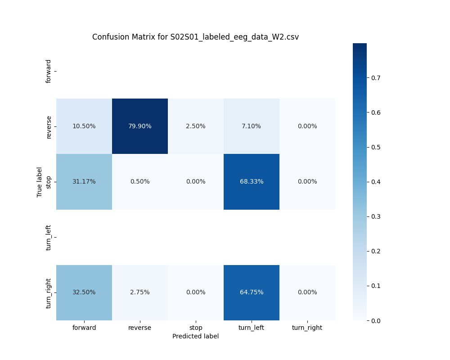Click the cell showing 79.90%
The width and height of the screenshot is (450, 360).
click(x=139, y=126)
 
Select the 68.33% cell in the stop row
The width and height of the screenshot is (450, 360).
click(x=251, y=181)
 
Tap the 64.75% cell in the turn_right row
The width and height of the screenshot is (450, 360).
click(x=251, y=292)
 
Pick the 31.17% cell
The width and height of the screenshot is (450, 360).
click(x=84, y=181)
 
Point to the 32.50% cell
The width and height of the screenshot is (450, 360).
click(x=84, y=292)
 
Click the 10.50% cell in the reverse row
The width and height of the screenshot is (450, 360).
click(x=84, y=126)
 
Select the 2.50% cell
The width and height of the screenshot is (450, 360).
click(x=195, y=126)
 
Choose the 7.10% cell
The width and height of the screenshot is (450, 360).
click(x=251, y=126)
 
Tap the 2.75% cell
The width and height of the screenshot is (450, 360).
click(x=139, y=292)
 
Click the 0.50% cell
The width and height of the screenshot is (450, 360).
click(x=139, y=181)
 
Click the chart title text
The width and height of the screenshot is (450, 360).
click(x=195, y=37)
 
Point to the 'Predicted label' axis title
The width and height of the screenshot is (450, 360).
click(x=195, y=336)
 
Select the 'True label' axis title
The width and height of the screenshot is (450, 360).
click(x=40, y=182)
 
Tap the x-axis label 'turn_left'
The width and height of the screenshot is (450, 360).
click(x=251, y=328)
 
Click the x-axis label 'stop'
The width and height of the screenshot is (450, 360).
click(x=195, y=328)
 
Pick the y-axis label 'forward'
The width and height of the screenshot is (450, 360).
click(x=49, y=71)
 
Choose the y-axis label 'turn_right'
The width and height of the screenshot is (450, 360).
click(x=49, y=293)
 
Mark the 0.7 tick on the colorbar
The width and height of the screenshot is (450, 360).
click(x=376, y=77)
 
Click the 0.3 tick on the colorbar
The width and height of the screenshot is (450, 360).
click(x=376, y=216)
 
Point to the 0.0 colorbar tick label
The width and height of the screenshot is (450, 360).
click(x=376, y=320)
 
